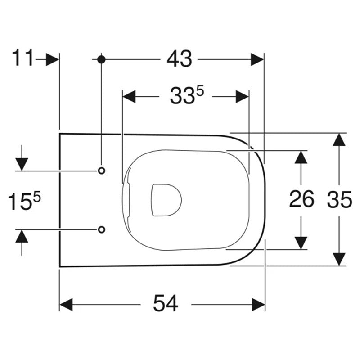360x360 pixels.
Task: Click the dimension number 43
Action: pyautogui.click(x=179, y=59)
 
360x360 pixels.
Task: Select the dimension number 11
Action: pyautogui.click(x=23, y=58)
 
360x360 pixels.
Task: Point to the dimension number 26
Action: pyautogui.click(x=301, y=199)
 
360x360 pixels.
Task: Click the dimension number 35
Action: pyautogui.click(x=339, y=200)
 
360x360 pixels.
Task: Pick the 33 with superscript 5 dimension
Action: pyautogui.click(x=187, y=95)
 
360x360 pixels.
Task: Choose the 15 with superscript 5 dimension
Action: pyautogui.click(x=24, y=201)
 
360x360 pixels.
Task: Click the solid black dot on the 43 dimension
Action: pyautogui.click(x=101, y=59)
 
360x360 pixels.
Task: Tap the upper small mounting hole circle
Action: pyautogui.click(x=102, y=171)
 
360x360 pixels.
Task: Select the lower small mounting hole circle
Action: pyautogui.click(x=102, y=229)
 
